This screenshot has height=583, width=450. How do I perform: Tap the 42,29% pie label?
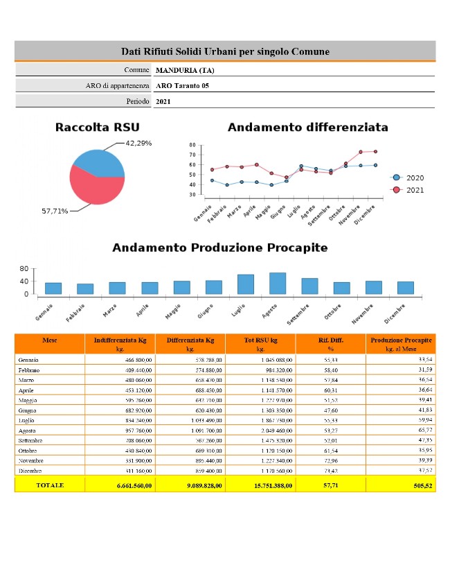[x=138, y=143]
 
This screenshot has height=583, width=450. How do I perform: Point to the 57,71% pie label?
[x=55, y=211]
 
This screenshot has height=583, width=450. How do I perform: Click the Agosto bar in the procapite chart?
[x=278, y=284]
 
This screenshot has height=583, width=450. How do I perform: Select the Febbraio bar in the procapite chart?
[x=85, y=288]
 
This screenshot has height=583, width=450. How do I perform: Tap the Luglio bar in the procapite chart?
[x=246, y=284]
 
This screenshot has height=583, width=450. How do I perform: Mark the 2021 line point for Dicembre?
[x=375, y=151]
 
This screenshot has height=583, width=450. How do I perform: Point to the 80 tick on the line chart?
[x=192, y=146]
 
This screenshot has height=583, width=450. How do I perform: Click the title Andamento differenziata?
[x=307, y=128]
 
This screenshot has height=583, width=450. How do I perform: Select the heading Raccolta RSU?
[x=97, y=128]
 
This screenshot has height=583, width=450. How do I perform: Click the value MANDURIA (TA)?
[x=186, y=70]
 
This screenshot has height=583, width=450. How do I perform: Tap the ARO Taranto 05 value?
[x=182, y=86]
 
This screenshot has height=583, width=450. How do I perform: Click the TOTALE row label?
[x=49, y=485]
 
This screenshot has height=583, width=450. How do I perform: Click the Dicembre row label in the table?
[x=30, y=471]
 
